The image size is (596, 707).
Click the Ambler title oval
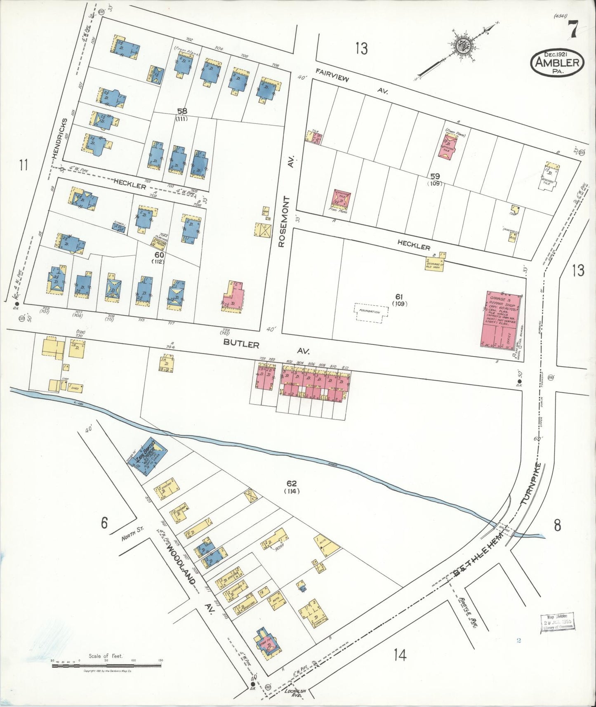(557, 62)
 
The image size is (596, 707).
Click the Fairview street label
(332, 75)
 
